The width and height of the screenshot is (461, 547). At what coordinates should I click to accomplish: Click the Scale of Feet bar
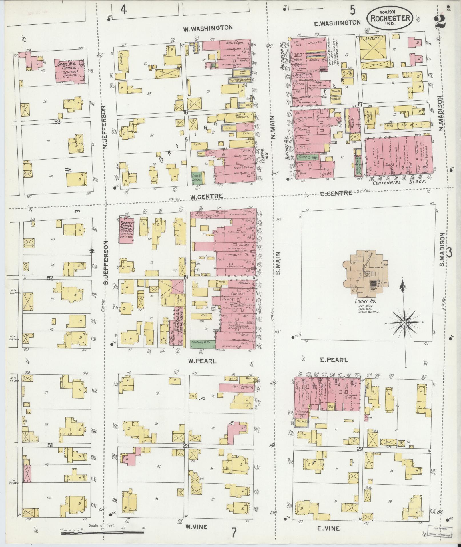pos(103,532)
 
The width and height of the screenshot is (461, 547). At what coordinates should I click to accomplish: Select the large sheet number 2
pos(441,21)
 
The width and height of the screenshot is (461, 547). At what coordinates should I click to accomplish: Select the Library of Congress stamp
pos(440,530)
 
